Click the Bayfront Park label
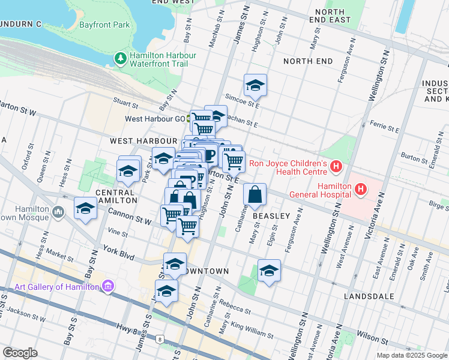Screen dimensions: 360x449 105,26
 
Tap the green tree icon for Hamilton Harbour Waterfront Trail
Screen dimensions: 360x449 120,58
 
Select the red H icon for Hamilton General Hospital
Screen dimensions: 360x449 360,190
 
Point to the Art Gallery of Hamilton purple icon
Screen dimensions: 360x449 107,286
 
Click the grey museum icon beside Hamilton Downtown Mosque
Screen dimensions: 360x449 58,211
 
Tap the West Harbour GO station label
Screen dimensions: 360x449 155,119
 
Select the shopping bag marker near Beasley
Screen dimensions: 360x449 255,194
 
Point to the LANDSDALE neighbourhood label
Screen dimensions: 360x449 369,296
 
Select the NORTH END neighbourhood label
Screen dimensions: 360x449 308,61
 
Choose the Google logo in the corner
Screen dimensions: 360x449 20,353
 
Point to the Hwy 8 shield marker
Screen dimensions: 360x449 160,340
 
